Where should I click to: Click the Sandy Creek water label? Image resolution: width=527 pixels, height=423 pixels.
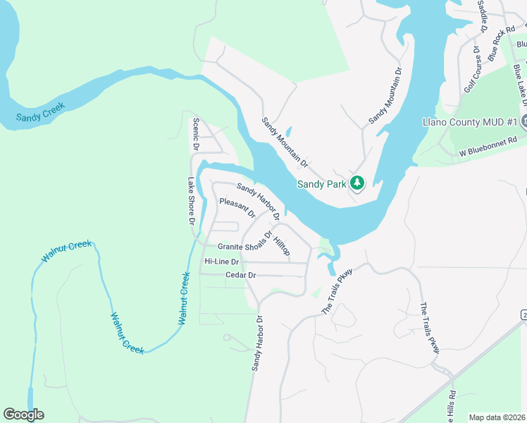coord(41,111)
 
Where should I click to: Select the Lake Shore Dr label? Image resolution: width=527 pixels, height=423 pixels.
coord(190,201)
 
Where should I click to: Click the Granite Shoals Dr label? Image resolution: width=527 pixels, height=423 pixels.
coord(244,244)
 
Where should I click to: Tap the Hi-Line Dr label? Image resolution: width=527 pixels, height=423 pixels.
coord(221,262)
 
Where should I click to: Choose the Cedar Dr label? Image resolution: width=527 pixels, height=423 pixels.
coord(240,275)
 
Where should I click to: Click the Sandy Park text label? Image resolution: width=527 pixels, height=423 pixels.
coord(321,184)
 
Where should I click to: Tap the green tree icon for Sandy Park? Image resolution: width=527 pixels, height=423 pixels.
coord(357,183)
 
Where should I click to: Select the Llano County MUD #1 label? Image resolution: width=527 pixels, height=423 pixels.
coord(470,122)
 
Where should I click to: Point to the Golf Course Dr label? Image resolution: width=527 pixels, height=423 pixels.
coord(471,70)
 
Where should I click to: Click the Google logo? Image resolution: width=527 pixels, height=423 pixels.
coord(23,415)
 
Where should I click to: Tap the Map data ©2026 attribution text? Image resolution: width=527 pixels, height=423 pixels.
coord(496,417)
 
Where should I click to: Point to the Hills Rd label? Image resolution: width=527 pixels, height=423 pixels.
coord(451,407)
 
